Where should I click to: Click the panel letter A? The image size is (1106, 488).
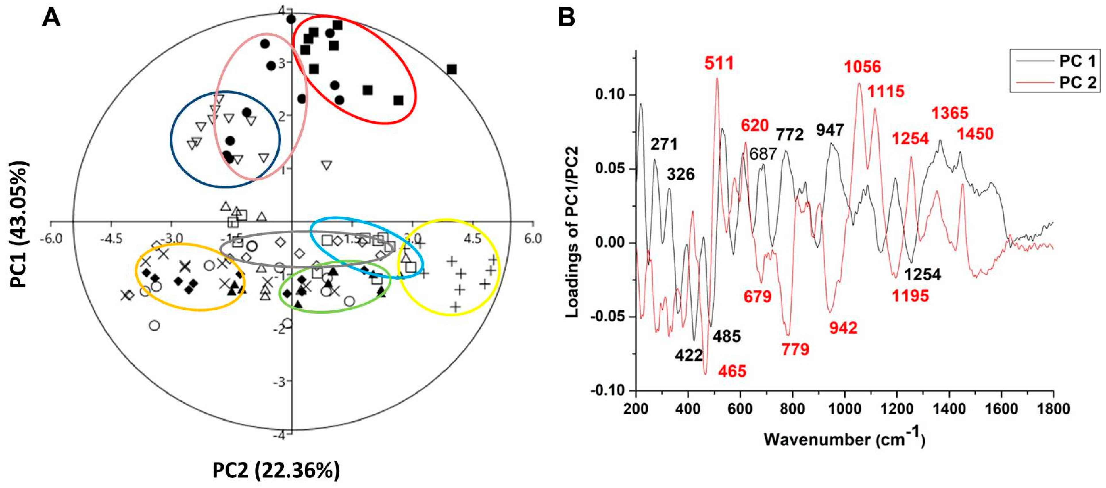pos(51,18)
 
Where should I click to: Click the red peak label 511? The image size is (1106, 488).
pos(719,63)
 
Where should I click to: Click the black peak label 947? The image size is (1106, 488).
pos(830,130)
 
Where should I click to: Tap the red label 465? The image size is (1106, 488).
pos(732,371)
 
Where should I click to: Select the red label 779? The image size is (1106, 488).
pos(795,349)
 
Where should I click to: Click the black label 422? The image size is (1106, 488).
pos(689,355)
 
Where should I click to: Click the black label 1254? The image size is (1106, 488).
pos(923,274)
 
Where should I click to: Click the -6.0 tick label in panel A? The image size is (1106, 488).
pos(51,239)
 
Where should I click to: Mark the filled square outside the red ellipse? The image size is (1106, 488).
pos(451,70)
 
